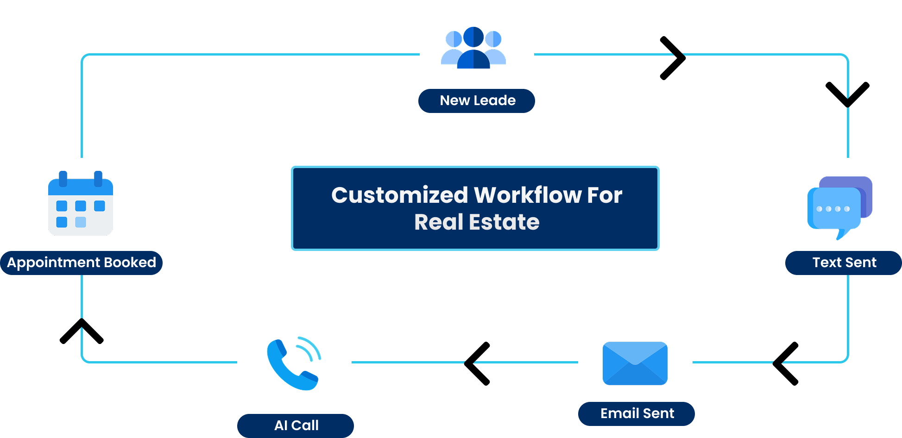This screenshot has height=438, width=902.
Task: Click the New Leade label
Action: pos(477,100)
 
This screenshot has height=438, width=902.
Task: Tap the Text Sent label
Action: pos(844,263)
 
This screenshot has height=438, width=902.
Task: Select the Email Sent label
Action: pos(637,413)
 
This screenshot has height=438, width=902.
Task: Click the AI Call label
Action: pos(296,425)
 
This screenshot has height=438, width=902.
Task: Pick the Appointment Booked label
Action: pos(82,263)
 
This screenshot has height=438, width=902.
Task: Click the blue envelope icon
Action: pos(635,363)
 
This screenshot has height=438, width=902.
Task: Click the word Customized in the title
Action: pos(399,195)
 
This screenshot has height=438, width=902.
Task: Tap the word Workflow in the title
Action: pos(528,195)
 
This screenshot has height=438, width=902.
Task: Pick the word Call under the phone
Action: pos(305,425)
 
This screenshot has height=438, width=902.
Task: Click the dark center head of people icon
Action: pos(473,37)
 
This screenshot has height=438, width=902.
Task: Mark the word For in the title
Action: pos(605,195)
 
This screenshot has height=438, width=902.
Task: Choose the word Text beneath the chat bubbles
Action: pos(827,263)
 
